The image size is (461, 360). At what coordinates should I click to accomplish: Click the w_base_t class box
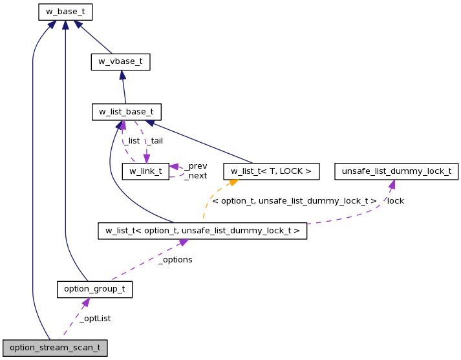[65, 12]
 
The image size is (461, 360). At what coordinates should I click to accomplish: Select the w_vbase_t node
[120, 62]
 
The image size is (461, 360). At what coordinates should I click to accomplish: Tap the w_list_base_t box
[126, 112]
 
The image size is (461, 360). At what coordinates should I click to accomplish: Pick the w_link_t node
[145, 171]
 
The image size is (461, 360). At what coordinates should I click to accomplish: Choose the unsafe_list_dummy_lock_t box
[396, 171]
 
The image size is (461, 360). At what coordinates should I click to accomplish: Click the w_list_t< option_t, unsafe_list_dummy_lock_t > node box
[202, 231]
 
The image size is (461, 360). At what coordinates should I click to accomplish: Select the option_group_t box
[94, 289]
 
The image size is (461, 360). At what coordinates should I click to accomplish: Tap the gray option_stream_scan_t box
[55, 348]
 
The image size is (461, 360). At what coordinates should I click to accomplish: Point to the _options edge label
[175, 260]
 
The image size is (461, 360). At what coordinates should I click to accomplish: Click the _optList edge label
[95, 319]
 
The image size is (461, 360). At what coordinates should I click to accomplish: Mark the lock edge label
[395, 201]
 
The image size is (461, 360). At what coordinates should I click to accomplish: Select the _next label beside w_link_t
[195, 176]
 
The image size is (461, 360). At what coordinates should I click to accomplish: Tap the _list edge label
[131, 141]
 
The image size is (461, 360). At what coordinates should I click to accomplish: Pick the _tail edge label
[155, 141]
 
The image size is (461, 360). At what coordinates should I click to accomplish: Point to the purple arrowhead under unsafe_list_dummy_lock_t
[391, 184]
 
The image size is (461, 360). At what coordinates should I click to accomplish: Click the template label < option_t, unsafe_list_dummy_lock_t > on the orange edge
[294, 201]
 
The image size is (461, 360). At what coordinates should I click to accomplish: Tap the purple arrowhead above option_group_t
[85, 302]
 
